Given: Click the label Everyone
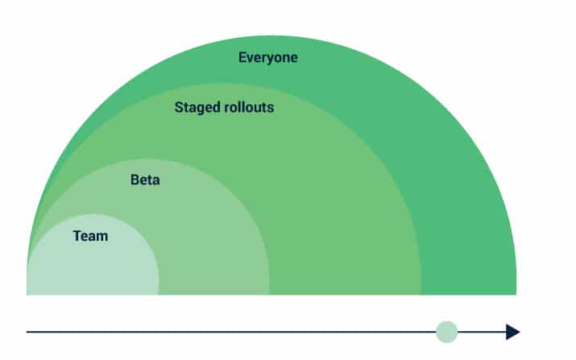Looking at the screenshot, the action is pos(267,58).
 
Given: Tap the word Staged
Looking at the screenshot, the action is pos(197,108).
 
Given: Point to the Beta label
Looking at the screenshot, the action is pos(145,180).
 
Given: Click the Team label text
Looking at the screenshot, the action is pos(90,236).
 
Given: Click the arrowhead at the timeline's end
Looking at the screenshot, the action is pos(513,332).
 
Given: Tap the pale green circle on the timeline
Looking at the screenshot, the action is pos(446,332).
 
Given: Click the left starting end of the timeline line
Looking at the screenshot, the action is pos(27,332).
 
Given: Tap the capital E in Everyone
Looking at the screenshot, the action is pos(242,57).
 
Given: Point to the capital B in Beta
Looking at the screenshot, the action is pos(135,180).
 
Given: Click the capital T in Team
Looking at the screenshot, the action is pos(77,236).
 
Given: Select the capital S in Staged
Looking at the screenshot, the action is pos(179,107).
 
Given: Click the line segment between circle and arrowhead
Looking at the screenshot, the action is pos(482,332).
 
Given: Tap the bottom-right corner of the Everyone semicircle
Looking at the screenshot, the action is pos(516,295).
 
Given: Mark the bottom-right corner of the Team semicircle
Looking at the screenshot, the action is pos(159,295).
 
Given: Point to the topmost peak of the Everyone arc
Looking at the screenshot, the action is pos(271,36).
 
